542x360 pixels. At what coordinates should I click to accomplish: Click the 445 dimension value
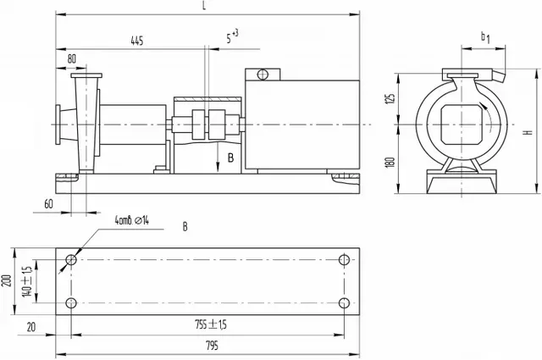click(137, 41)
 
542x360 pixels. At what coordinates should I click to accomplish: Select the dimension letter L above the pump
click(205, 6)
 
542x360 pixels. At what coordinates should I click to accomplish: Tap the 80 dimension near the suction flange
click(71, 58)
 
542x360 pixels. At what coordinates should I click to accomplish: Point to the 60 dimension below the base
click(49, 204)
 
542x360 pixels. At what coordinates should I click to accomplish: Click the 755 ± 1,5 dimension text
click(211, 324)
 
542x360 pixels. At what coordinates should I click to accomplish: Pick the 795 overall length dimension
click(212, 346)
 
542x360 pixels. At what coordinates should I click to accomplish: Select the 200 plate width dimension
click(7, 280)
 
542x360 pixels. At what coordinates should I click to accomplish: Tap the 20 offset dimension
click(31, 327)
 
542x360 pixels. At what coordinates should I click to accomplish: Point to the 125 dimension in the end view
click(390, 98)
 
